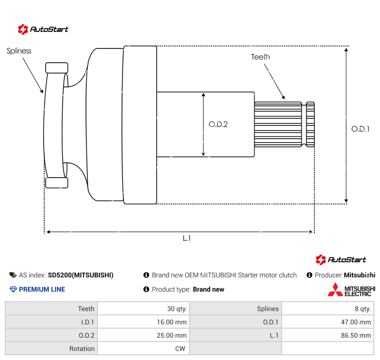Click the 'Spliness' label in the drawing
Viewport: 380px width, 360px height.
click(19, 51)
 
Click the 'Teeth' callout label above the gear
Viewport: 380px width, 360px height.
click(260, 57)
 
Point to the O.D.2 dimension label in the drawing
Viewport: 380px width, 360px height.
click(218, 124)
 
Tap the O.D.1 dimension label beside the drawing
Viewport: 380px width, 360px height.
click(361, 129)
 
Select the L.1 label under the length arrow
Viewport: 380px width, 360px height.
click(187, 238)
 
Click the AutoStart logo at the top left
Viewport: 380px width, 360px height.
click(43, 29)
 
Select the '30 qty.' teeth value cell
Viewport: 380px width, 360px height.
click(142, 309)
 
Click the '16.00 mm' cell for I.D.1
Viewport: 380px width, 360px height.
click(142, 322)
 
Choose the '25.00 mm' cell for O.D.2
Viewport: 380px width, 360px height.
click(142, 335)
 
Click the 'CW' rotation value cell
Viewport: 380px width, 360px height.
click(142, 349)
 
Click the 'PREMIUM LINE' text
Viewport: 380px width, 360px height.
click(42, 289)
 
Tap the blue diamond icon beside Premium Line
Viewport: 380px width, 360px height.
click(13, 289)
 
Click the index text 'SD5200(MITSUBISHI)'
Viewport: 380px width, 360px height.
click(81, 275)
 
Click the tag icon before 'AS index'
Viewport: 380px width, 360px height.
click(13, 275)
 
